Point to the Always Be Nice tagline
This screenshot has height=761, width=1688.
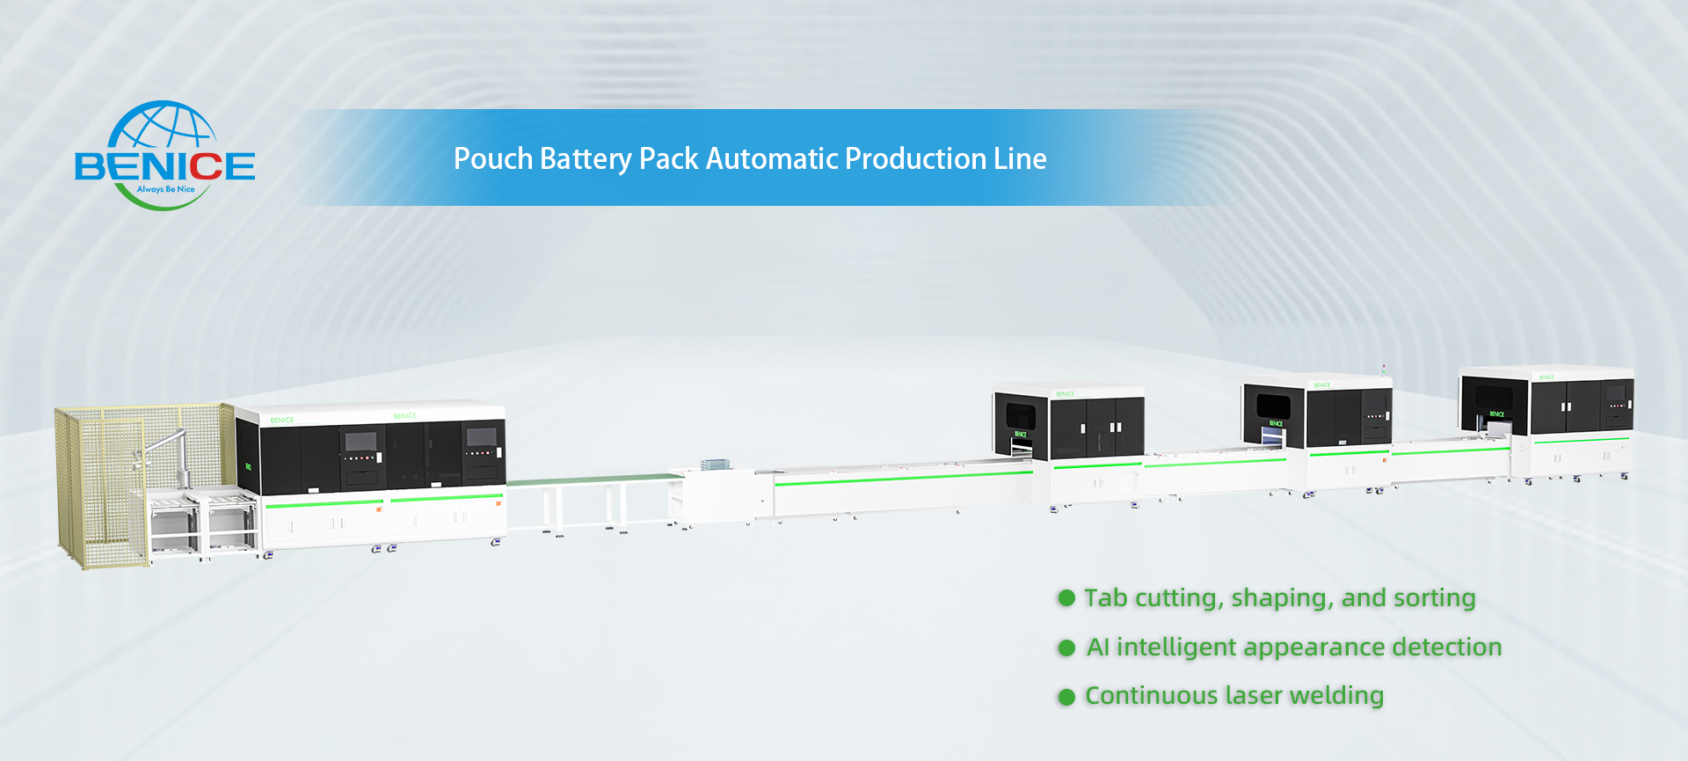click(x=166, y=189)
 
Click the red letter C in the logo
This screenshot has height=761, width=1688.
click(x=205, y=166)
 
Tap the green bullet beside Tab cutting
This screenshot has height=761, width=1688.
click(x=1066, y=598)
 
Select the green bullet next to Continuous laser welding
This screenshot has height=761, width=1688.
click(x=1066, y=697)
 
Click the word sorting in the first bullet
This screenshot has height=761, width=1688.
click(x=1434, y=598)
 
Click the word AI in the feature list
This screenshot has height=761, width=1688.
click(x=1097, y=648)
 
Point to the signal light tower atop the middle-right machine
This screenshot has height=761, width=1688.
click(x=1383, y=370)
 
